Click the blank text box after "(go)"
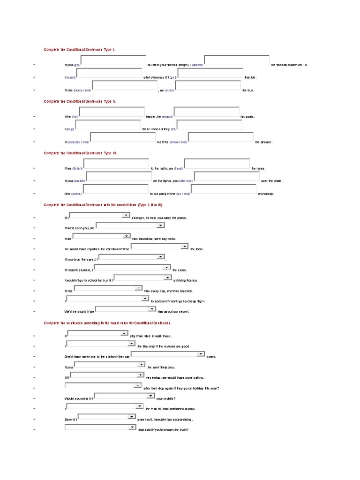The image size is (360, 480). pyautogui.click(x=113, y=60)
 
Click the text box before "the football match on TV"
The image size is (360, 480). pyautogui.click(x=237, y=60)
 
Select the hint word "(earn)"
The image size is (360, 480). pyautogui.click(x=70, y=77)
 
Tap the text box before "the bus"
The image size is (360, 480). pyautogui.click(x=208, y=86)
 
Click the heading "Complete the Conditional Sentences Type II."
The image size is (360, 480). pyautogui.click(x=80, y=101)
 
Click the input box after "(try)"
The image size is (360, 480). pyautogui.click(x=112, y=112)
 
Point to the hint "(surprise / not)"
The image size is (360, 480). pyautogui.click(x=78, y=142)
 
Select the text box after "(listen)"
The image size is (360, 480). pyautogui.click(x=116, y=164)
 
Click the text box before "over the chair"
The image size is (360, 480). pyautogui.click(x=227, y=176)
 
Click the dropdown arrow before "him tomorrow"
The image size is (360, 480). pyautogui.click(x=127, y=236)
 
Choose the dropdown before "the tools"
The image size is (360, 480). pyautogui.click(x=159, y=247)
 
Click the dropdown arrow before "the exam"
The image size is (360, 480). pyautogui.click(x=166, y=268)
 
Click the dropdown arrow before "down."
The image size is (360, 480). pyautogui.click(x=201, y=354)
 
